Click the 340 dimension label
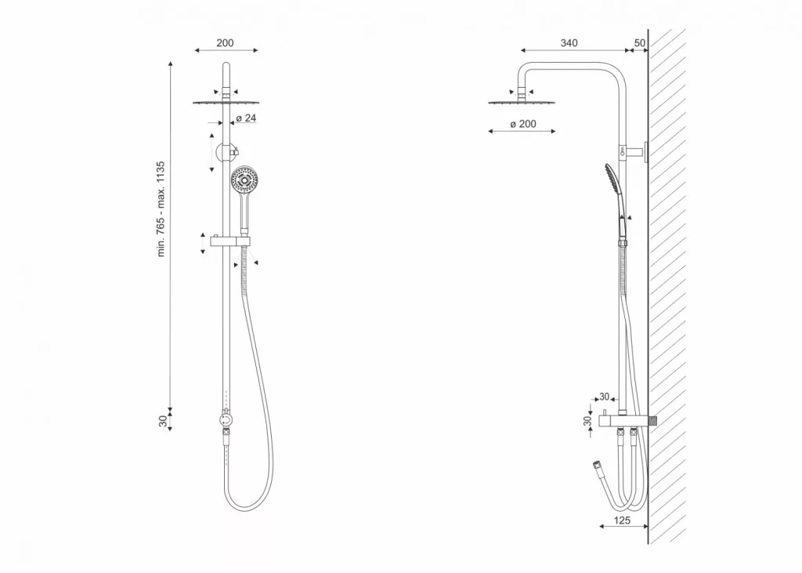[569, 43]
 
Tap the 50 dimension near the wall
[639, 43]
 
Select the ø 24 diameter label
[246, 118]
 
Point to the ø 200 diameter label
[523, 124]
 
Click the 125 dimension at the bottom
[621, 520]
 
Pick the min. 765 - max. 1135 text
[161, 209]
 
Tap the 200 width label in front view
[225, 43]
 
